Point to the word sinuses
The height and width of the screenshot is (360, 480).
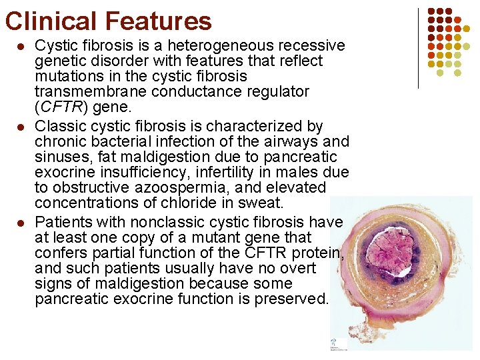(63, 157)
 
